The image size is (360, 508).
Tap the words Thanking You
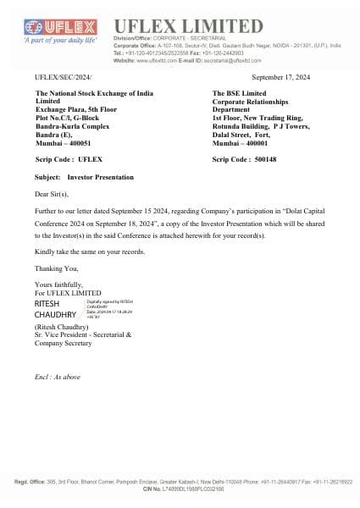[56, 270]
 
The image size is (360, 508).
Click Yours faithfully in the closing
[58, 285]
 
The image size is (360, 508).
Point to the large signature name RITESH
[48, 302]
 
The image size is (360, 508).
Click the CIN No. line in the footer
[180, 489]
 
